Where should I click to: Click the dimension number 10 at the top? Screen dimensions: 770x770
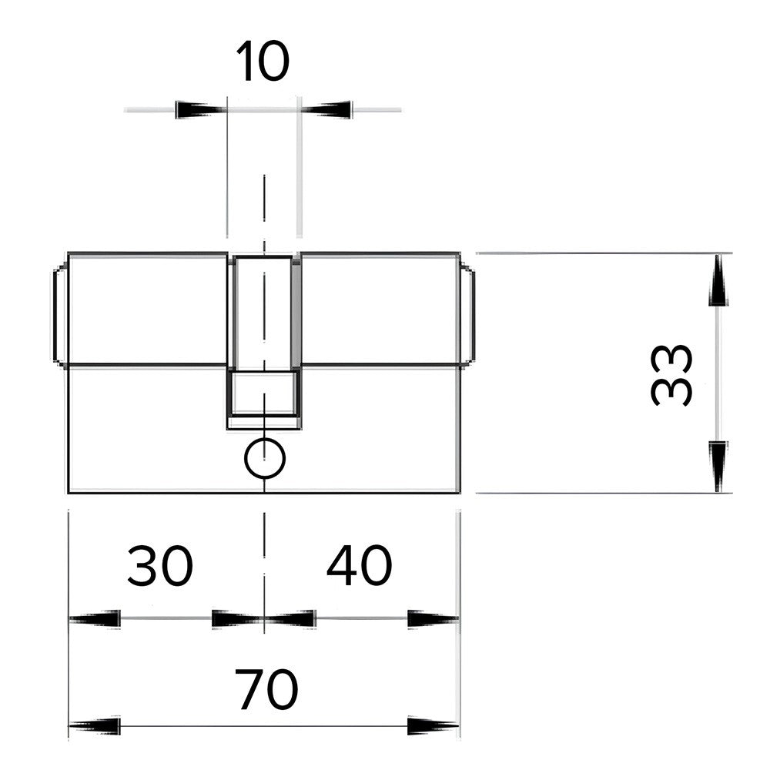click(x=263, y=62)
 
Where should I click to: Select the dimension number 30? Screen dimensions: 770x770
click(x=160, y=565)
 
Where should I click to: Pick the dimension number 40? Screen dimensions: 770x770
click(x=360, y=565)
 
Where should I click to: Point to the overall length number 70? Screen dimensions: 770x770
click(x=266, y=689)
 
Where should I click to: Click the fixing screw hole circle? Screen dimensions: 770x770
click(x=265, y=458)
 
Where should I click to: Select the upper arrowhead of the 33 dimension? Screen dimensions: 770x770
click(x=718, y=280)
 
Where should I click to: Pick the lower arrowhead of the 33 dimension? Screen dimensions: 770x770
click(x=718, y=467)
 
